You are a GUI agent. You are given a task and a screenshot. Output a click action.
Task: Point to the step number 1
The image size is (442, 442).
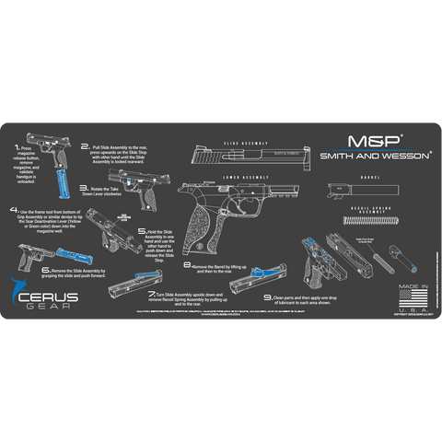(16, 145)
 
